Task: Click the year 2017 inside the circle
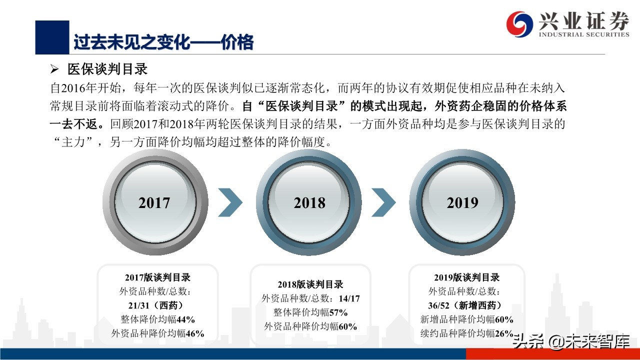pos(154,202)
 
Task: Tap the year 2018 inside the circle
pos(309,202)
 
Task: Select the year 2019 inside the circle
pos(462,202)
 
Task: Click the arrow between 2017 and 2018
pos(230,202)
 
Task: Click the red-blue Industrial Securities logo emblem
pos(519,23)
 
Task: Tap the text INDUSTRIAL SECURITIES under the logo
pos(583,34)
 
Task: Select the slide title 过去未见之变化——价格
pos(163,42)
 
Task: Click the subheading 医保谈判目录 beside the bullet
pos(107,69)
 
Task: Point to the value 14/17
pos(348,298)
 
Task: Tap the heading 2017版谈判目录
pos(157,277)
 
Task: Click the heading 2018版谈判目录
pos(310,284)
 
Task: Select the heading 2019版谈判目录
pos(466,277)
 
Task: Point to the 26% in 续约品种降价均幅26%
pos(504,333)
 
